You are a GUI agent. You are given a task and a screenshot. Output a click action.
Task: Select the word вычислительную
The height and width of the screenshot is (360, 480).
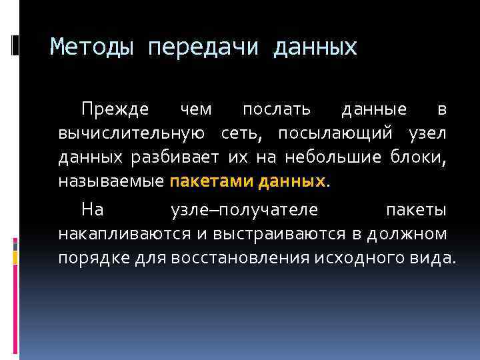click(131, 133)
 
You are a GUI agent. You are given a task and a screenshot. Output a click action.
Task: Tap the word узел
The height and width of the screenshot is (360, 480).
click(428, 133)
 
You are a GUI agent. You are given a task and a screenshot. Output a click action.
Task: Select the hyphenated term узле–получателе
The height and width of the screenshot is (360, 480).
click(244, 210)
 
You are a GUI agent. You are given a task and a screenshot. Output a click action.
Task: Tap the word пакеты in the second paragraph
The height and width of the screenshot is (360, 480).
click(417, 210)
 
